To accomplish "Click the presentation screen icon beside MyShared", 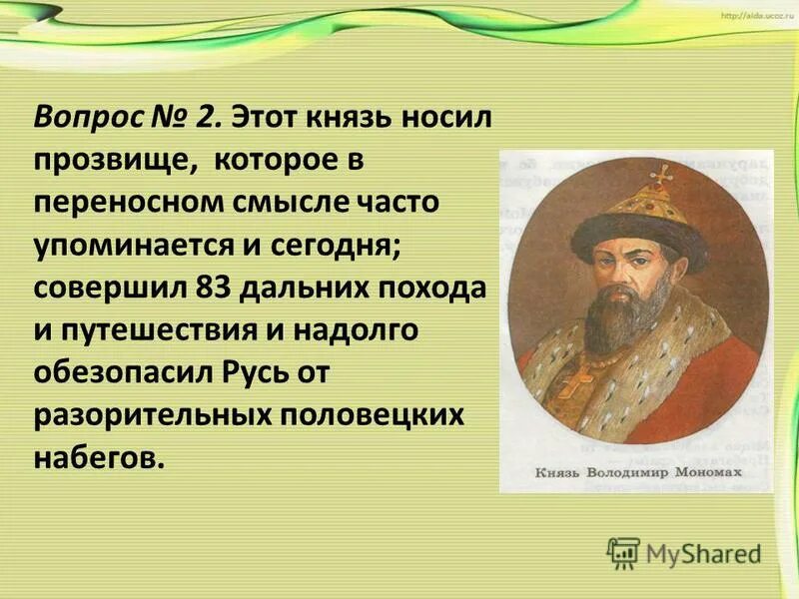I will tap(623, 551).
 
